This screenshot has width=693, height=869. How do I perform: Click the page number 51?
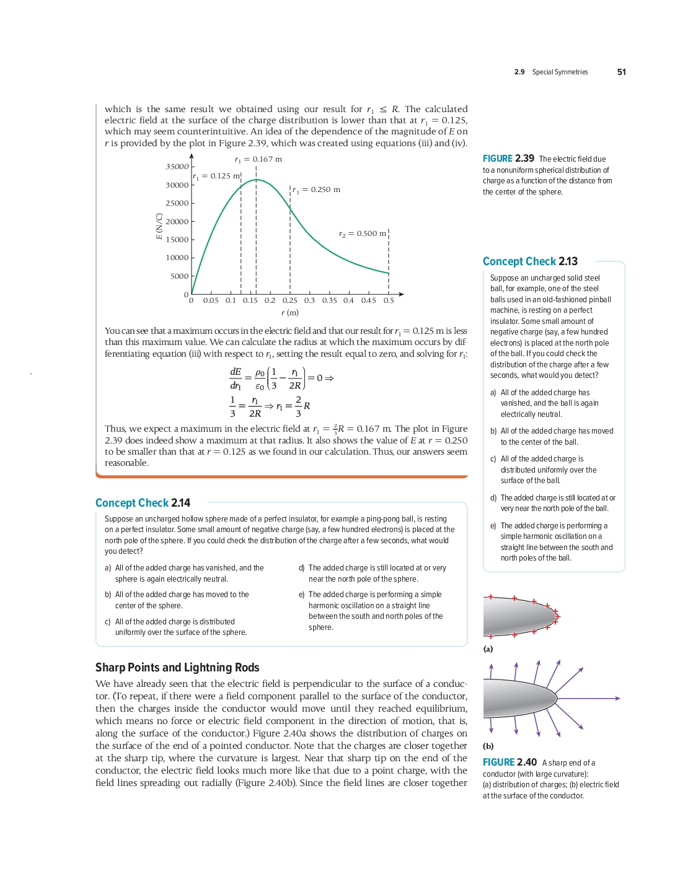tap(621, 72)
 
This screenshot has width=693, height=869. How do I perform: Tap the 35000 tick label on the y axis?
tap(177, 167)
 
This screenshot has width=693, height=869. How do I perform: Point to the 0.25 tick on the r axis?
tap(289, 300)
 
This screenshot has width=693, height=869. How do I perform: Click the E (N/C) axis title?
tap(159, 226)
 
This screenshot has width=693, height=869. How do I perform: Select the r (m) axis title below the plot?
tap(289, 313)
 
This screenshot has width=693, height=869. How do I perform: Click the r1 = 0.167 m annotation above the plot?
tap(258, 159)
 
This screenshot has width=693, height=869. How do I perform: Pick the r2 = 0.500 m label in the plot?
tap(362, 234)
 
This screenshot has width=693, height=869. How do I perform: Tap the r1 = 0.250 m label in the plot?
tap(316, 190)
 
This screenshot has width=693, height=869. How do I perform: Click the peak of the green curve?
tap(256, 180)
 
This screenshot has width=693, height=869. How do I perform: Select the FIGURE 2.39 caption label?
tap(508, 159)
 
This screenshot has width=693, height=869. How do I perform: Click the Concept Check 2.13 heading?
tap(530, 261)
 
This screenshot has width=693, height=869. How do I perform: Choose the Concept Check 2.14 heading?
tap(143, 503)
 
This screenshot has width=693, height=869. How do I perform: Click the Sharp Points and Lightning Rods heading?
tap(177, 667)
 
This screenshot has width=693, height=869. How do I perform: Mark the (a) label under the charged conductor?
tap(488, 649)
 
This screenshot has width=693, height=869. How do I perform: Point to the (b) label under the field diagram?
tap(488, 746)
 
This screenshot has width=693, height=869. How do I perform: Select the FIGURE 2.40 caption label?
tap(510, 762)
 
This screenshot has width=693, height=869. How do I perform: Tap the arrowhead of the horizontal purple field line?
tap(617, 698)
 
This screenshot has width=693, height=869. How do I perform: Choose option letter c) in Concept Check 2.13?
tap(493, 459)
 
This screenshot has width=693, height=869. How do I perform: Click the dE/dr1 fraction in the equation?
tap(236, 378)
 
